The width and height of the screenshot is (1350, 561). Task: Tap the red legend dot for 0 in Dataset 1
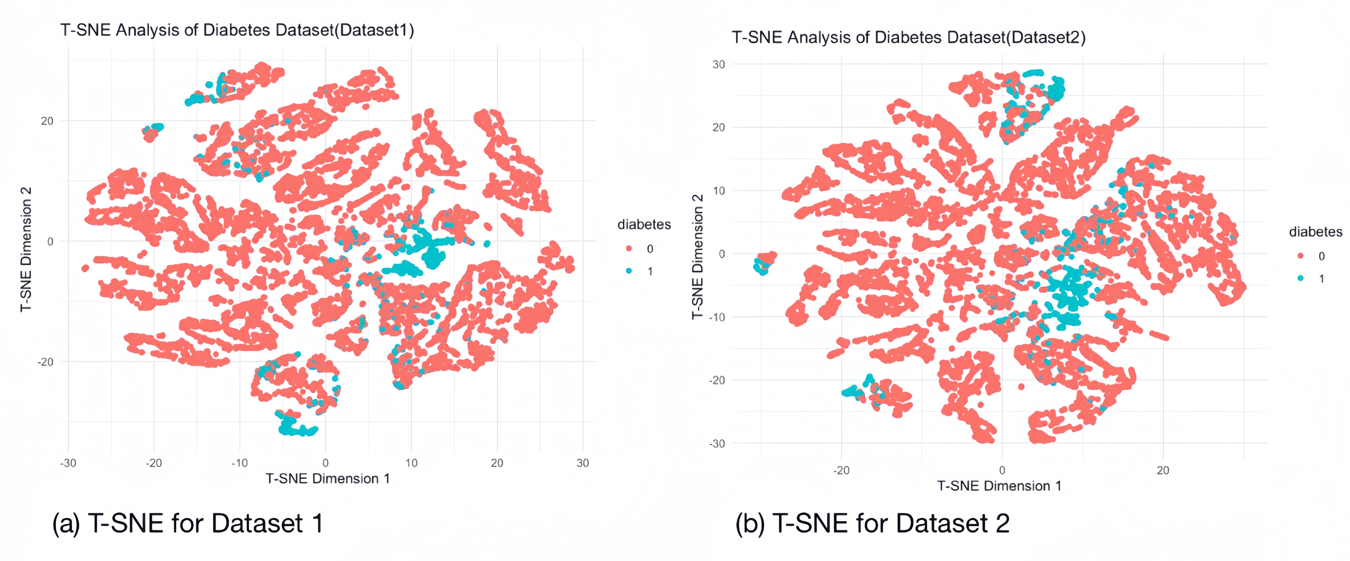click(x=629, y=249)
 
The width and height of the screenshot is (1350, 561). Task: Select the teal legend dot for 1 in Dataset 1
click(x=629, y=271)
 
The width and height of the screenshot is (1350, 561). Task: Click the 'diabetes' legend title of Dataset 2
click(x=1315, y=232)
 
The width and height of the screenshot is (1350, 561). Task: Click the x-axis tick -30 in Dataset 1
click(x=68, y=463)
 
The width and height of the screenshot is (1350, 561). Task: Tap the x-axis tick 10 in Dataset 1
click(x=411, y=463)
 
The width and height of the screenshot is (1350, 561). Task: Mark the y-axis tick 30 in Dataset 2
click(x=719, y=64)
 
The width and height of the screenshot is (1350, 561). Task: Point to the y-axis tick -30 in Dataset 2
click(x=717, y=444)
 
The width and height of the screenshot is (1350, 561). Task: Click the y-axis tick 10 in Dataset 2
click(x=719, y=191)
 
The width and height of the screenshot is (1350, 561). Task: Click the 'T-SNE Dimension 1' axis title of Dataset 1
click(x=327, y=479)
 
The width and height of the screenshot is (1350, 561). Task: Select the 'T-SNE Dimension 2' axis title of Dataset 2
click(x=697, y=257)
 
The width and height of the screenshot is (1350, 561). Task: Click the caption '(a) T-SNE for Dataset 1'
click(x=188, y=523)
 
